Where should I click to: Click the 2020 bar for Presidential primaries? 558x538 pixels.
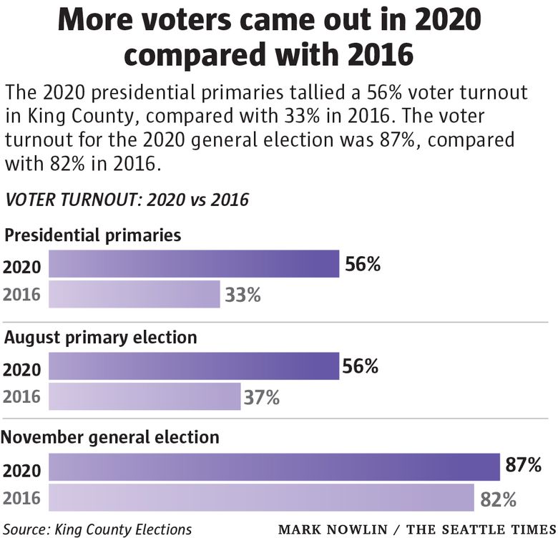pos(193,264)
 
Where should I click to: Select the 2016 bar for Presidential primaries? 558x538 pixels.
pos(134,294)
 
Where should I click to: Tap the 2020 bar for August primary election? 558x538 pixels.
pos(193,366)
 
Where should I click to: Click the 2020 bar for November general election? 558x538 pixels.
pos(274,467)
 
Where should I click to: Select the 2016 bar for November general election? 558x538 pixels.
pos(261,497)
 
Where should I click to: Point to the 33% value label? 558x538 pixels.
pos(243,294)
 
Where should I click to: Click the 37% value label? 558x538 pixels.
pos(261,396)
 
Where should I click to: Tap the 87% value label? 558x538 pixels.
pos(523,465)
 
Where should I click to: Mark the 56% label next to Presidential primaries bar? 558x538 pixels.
pos(363,264)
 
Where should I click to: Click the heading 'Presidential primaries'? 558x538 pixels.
pos(93,235)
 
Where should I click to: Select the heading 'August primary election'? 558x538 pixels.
pos(101,337)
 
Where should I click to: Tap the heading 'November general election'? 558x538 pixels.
pos(112,436)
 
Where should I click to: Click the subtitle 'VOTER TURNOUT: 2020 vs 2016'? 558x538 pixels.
pos(127,200)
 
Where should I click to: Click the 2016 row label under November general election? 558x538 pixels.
pos(23,498)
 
